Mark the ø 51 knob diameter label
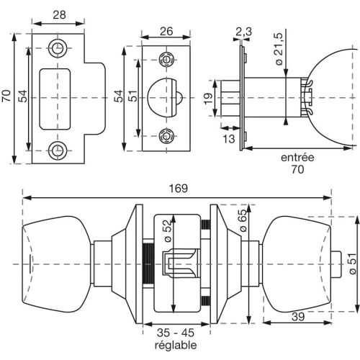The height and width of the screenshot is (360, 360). pyautogui.click(x=352, y=263)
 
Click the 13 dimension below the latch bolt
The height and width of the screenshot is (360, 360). pyautogui.click(x=229, y=139)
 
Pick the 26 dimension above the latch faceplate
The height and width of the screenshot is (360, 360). pyautogui.click(x=166, y=30)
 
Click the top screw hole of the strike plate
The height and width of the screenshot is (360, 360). pyautogui.click(x=57, y=48)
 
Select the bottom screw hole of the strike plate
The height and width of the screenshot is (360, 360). pyautogui.click(x=57, y=150)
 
